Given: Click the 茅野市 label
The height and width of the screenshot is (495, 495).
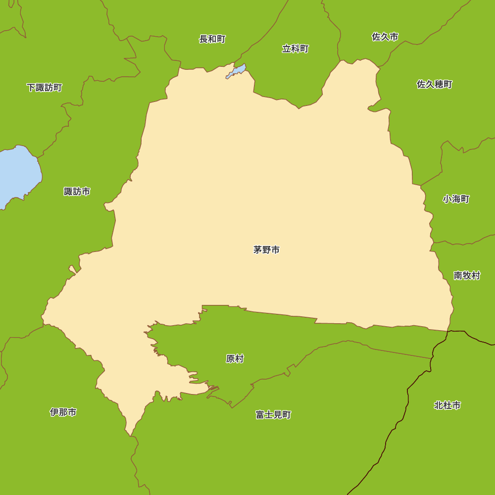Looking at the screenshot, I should tap(266, 250).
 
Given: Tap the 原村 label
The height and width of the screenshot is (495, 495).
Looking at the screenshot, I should tap(235, 359).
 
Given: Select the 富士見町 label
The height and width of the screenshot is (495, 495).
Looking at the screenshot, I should tap(273, 415).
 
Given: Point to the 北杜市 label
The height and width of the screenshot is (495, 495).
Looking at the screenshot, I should tap(447, 405).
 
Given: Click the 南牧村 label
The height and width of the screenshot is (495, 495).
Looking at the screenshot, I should tap(467, 276).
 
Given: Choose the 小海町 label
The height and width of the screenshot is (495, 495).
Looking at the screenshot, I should tap(456, 199).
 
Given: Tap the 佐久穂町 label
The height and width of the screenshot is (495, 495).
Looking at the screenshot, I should tap(434, 84).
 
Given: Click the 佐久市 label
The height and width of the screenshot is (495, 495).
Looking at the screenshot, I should tap(385, 37).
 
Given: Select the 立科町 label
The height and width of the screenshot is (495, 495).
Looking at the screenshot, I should tap(295, 49).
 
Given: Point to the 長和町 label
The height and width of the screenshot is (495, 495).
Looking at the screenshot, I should tap(212, 39).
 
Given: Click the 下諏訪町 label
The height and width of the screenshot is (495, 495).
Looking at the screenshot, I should tap(44, 88).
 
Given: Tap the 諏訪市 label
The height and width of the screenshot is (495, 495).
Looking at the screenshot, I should tap(77, 192).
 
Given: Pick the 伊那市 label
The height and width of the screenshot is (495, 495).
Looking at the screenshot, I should tap(63, 412).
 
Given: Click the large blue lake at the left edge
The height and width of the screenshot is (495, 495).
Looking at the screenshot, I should tap(17, 173).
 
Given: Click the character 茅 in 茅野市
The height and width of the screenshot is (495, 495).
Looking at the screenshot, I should tap(257, 250).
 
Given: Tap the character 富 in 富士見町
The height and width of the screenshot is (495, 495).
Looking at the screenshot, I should tap(260, 415).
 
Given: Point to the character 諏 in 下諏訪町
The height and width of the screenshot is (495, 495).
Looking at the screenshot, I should tap(40, 88).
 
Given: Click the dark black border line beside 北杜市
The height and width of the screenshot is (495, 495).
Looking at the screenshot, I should tap(407, 396).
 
